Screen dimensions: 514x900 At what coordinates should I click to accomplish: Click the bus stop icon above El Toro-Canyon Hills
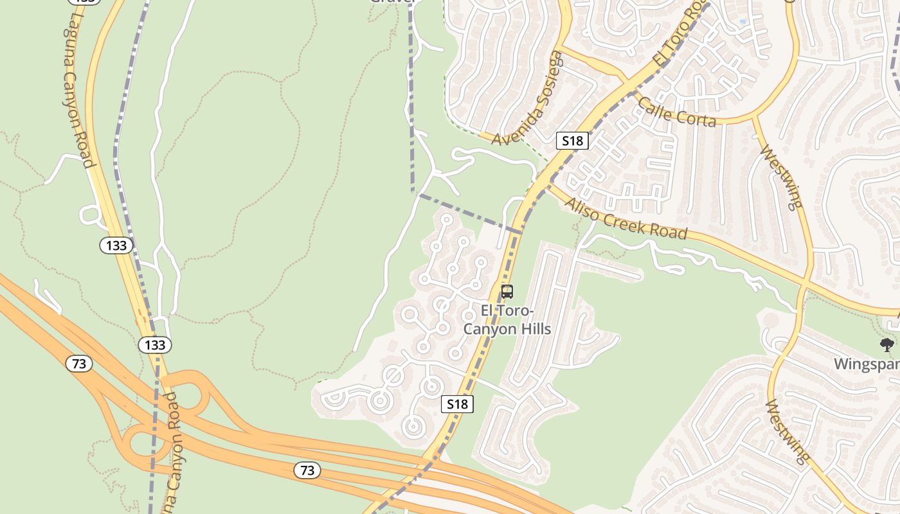pyautogui.click(x=507, y=292)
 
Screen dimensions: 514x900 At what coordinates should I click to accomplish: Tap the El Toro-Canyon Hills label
pyautogui.click(x=516, y=320)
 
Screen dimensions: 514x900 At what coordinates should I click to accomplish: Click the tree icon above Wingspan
pyautogui.click(x=887, y=345)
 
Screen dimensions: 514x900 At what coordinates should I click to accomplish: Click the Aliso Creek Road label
pyautogui.click(x=625, y=218)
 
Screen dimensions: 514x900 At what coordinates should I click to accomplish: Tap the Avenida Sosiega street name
pyautogui.click(x=527, y=100)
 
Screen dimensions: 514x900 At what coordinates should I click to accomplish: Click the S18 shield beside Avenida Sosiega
pyautogui.click(x=572, y=141)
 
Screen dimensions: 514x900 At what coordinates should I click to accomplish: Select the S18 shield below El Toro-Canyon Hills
pyautogui.click(x=457, y=404)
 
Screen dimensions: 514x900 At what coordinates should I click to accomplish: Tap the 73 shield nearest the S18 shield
pyautogui.click(x=307, y=470)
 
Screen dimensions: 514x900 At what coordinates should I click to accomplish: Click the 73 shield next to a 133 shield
pyautogui.click(x=78, y=364)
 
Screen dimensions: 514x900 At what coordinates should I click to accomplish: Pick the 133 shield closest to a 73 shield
pyautogui.click(x=155, y=345)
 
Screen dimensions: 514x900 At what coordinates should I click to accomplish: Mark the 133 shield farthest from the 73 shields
pyautogui.click(x=116, y=245)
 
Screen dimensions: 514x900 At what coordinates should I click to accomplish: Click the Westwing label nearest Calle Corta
pyautogui.click(x=781, y=177)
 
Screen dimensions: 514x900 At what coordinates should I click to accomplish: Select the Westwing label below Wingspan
pyautogui.click(x=787, y=431)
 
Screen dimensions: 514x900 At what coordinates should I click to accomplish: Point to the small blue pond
pyautogui.click(x=743, y=22)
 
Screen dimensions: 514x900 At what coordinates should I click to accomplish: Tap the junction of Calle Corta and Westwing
pyautogui.click(x=755, y=117)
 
